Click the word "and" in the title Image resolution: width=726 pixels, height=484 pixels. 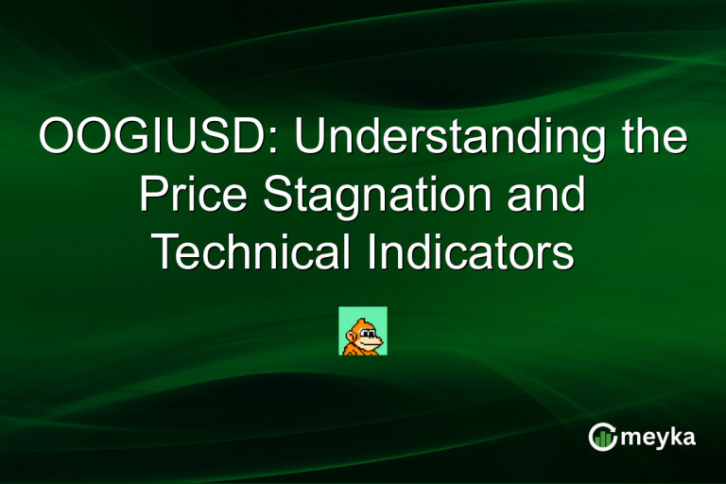[548, 197]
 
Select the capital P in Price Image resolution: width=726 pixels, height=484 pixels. [153, 197]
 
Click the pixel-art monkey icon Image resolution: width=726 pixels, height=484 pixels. [363, 331]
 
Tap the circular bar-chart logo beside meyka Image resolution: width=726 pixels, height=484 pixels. [602, 437]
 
